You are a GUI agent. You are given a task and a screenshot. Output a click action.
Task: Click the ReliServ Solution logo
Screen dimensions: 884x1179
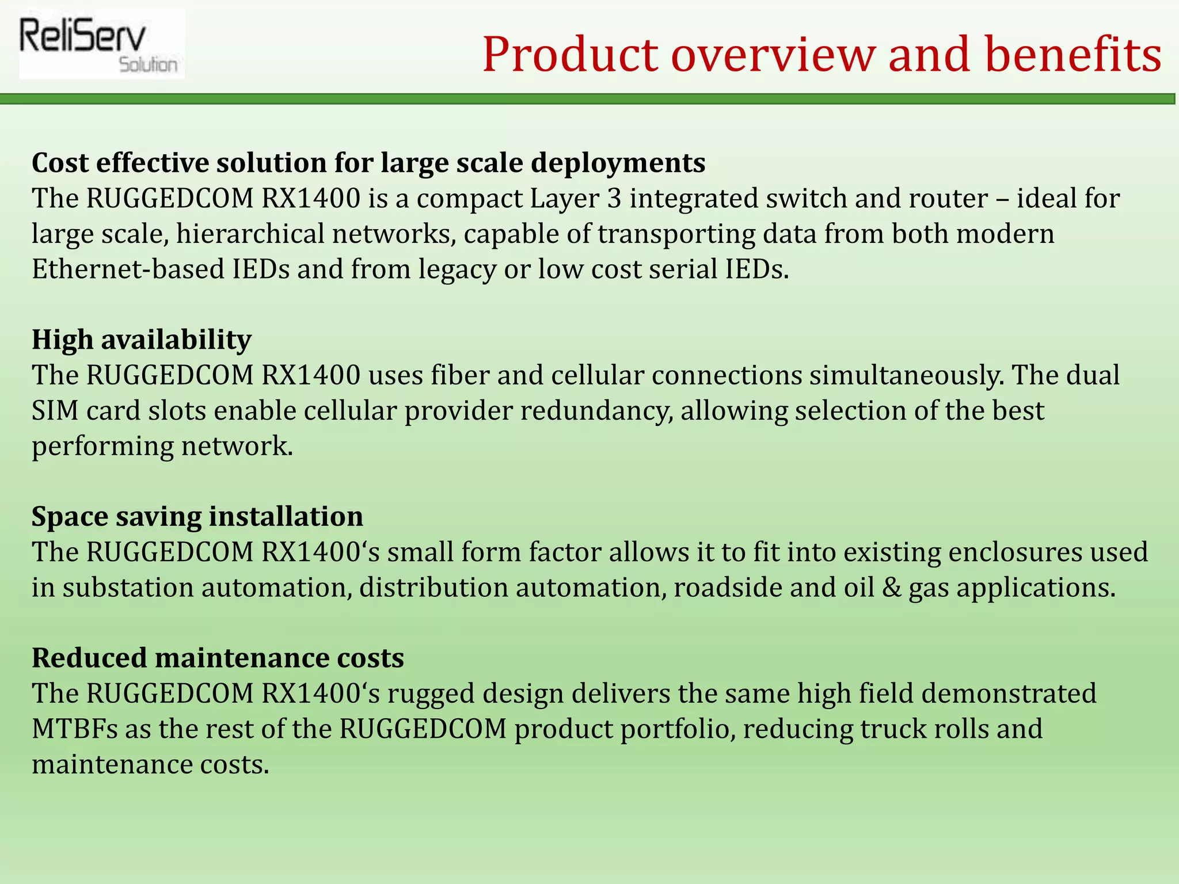pos(101,44)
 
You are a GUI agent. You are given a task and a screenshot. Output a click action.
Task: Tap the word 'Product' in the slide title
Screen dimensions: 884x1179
pos(570,55)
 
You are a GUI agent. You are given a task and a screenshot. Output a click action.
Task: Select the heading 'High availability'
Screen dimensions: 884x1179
pos(141,340)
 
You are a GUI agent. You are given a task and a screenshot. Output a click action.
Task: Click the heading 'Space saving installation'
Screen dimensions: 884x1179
pos(197,516)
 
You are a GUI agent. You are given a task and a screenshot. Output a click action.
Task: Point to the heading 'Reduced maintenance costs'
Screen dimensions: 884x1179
pos(218,658)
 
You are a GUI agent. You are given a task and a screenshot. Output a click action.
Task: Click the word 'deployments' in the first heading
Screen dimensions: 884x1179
pos(618,163)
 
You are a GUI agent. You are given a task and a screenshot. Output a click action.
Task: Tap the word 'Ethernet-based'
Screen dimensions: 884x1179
pos(128,269)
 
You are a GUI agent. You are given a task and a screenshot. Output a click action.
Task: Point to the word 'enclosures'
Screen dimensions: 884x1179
pos(1006,552)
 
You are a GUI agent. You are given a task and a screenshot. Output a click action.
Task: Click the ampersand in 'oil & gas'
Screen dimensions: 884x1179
pos(892,588)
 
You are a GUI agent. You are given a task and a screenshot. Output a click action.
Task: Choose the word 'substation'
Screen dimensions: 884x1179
pos(128,588)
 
